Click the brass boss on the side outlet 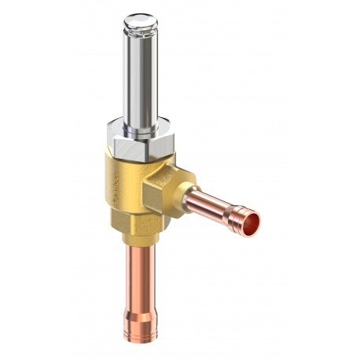(x=168, y=189)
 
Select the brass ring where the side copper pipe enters (x=189, y=197)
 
